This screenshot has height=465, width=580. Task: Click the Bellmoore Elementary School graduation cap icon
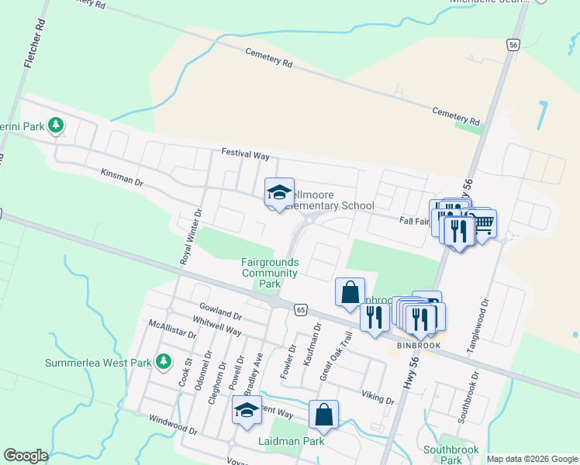279,194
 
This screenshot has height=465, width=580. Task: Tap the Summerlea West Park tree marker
163,361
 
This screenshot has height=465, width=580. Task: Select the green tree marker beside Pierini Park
55,124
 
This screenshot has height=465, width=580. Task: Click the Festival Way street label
245,155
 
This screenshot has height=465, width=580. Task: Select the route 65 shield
300,310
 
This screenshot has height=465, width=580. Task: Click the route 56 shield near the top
513,45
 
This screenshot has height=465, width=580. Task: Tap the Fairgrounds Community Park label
270,274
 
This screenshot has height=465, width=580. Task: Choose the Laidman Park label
291,441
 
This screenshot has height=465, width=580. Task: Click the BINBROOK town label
419,345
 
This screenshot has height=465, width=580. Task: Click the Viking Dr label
378,397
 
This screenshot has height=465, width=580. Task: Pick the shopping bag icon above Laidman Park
323,415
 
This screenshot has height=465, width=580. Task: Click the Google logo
26,456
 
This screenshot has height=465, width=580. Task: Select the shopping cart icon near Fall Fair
483,224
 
